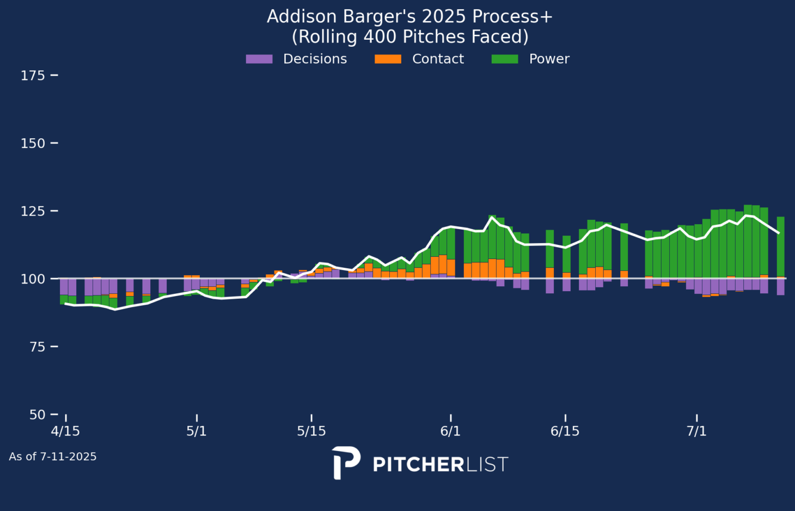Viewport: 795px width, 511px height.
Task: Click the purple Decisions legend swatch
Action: pos(259,59)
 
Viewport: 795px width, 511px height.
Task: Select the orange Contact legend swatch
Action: pos(388,59)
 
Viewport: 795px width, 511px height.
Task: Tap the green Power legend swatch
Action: pos(505,59)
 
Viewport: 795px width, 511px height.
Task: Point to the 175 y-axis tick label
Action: pos(33,76)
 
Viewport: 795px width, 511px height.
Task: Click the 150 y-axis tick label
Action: pos(33,143)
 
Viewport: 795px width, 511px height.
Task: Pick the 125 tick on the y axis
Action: pos(33,211)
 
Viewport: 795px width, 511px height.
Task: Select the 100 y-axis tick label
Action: pos(33,279)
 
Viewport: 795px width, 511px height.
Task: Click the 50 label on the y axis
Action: pos(37,415)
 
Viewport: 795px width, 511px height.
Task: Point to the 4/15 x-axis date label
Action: pos(65,432)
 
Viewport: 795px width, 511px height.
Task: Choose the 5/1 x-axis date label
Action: pos(197,432)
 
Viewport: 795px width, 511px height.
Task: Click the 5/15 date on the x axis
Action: pos(311,432)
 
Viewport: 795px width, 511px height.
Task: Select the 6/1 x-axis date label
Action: pos(450,432)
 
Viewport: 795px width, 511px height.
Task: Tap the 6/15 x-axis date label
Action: pos(565,432)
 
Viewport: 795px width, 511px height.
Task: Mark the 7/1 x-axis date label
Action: pos(696,432)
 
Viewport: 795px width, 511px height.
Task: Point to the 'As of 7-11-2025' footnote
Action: pos(53,457)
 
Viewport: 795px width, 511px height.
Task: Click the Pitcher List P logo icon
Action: pos(346,463)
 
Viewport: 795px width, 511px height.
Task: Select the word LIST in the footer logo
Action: pos(488,465)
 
